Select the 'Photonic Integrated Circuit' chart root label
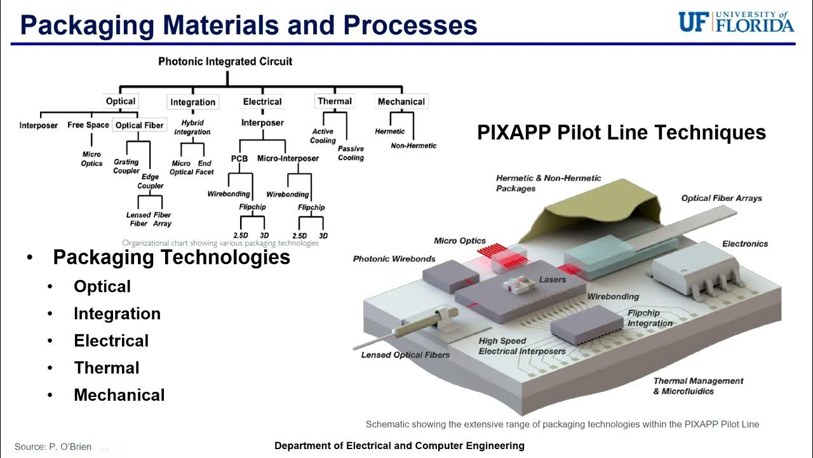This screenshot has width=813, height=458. click(x=225, y=62)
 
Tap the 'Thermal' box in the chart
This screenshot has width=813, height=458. click(x=335, y=101)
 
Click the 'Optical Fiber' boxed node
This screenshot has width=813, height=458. click(x=139, y=125)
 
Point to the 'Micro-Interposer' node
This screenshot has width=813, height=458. click(x=288, y=158)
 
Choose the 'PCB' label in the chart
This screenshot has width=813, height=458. click(x=239, y=158)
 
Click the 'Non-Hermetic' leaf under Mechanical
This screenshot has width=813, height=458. click(x=413, y=146)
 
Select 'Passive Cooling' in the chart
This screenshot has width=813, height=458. click(x=351, y=153)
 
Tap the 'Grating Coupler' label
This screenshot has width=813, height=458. click(x=126, y=166)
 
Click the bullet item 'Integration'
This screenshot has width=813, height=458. click(x=117, y=314)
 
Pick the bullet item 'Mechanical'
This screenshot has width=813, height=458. click(x=119, y=395)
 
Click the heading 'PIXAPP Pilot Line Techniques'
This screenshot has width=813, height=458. click(x=621, y=132)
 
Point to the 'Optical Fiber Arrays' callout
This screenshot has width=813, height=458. click(x=722, y=198)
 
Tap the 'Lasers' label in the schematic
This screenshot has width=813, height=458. click(x=552, y=280)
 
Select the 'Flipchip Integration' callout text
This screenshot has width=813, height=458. click(x=649, y=318)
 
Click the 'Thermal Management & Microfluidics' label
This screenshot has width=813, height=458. click(x=698, y=385)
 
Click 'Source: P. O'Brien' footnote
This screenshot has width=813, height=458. click(x=53, y=447)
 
